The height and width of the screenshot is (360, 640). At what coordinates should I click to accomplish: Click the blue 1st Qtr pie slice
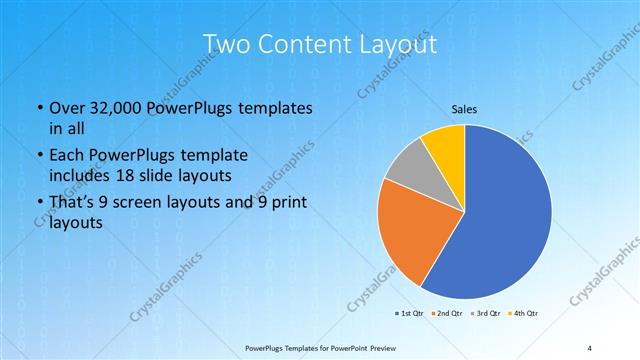pos(505,215)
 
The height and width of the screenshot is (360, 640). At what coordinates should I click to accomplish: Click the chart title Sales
pos(463,108)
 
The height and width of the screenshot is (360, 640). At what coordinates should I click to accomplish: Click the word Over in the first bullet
pos(65,108)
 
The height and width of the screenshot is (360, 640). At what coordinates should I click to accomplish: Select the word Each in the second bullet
pos(65,156)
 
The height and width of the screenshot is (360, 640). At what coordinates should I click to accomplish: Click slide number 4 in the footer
pos(589,348)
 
